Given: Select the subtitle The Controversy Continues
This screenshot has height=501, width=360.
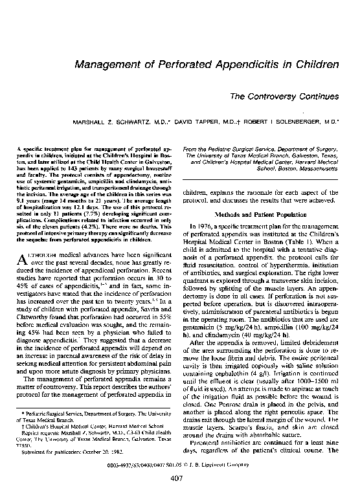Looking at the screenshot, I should coord(288,96).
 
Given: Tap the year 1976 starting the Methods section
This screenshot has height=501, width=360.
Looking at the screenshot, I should coord(203,224).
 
